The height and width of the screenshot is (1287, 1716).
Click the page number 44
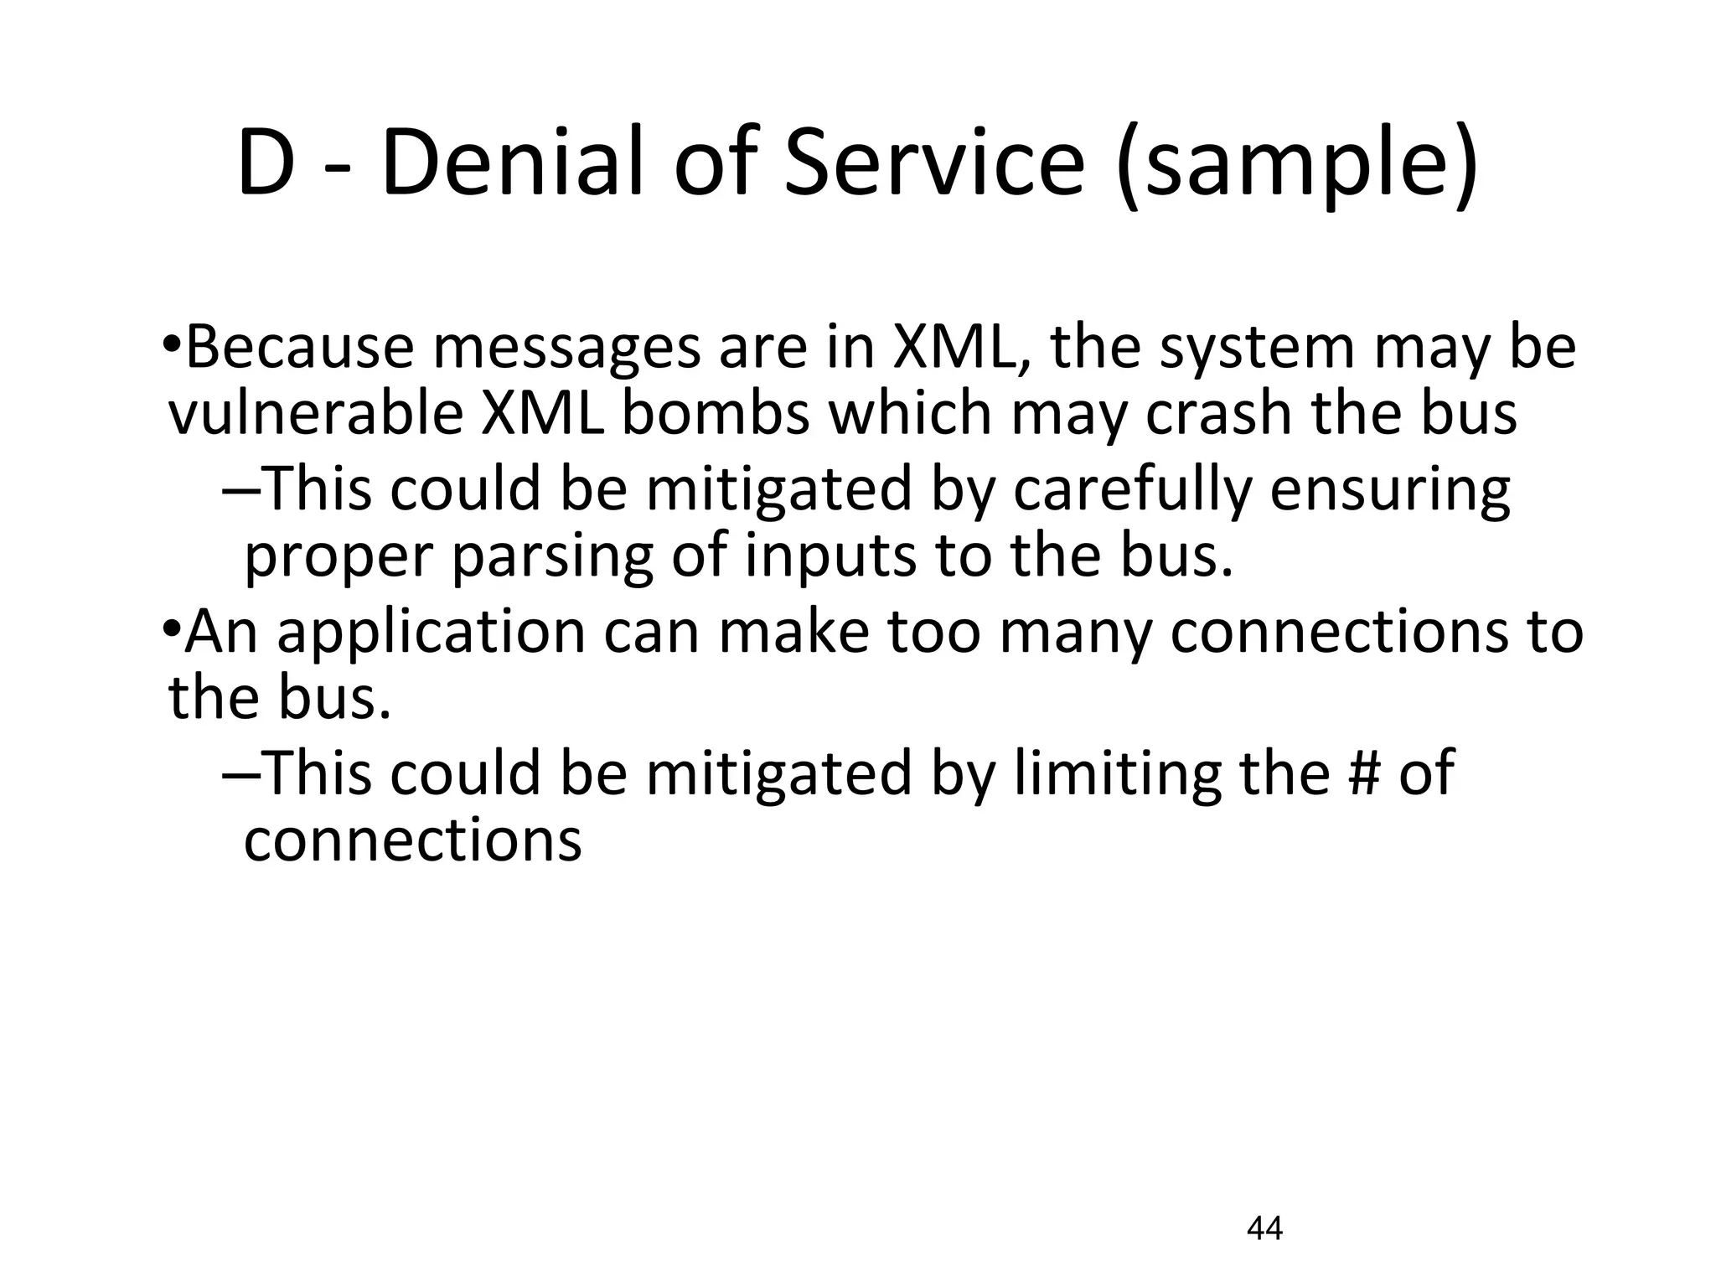(1264, 1228)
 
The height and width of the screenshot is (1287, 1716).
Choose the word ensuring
(1390, 491)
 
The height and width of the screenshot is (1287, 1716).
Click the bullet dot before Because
(171, 344)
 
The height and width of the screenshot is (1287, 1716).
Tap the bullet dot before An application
(171, 628)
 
